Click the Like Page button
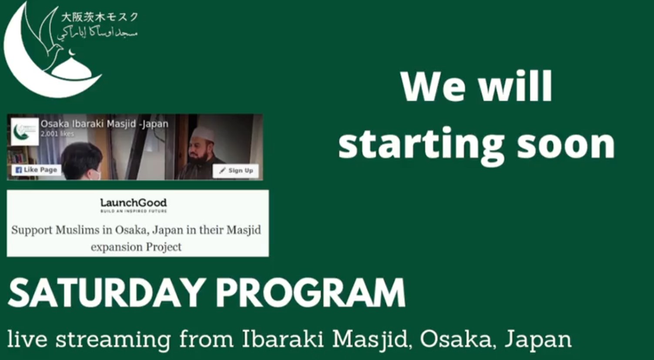(x=36, y=170)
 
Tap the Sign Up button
(x=236, y=171)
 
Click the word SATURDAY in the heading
(x=107, y=293)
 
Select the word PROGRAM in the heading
(x=310, y=293)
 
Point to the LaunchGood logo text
(x=133, y=203)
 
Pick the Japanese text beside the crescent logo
(x=99, y=17)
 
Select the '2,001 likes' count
(x=57, y=134)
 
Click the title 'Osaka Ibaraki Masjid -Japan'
(x=104, y=124)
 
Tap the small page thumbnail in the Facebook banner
(x=24, y=131)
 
